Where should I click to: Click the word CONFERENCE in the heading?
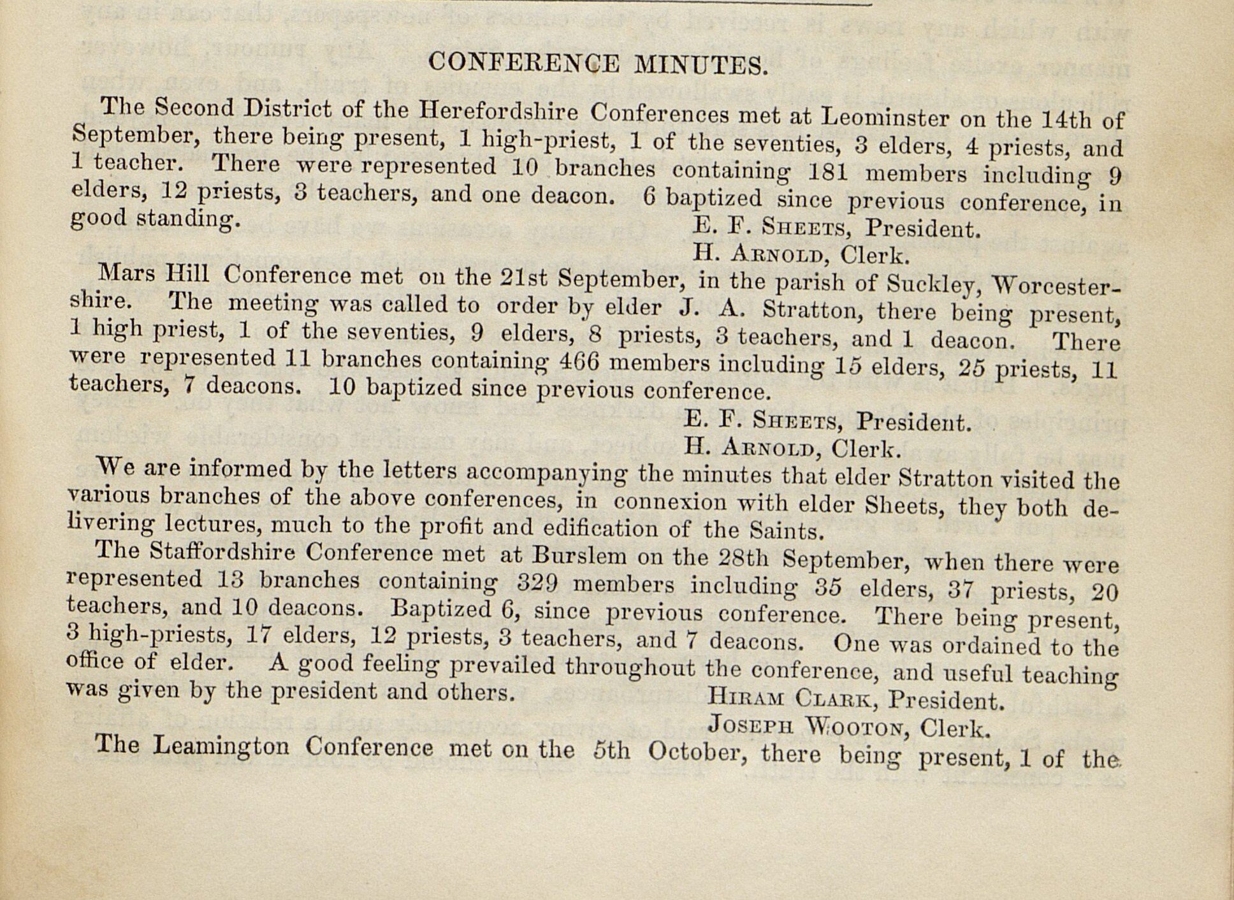pyautogui.click(x=523, y=62)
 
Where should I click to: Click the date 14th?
pyautogui.click(x=1064, y=120)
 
